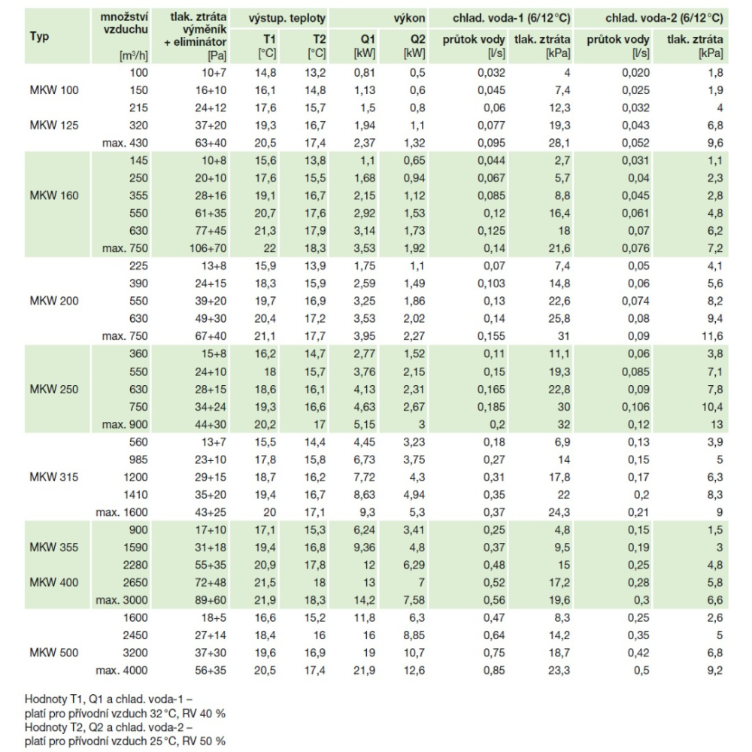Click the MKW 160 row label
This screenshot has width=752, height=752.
[x=53, y=196]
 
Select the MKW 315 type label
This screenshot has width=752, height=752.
[x=53, y=478]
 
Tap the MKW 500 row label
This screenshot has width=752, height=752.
[x=53, y=653]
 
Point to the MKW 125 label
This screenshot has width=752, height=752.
[x=53, y=126]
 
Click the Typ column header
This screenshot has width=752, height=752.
[x=39, y=36]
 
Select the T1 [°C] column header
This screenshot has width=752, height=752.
[x=267, y=46]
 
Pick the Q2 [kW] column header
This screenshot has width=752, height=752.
[x=414, y=46]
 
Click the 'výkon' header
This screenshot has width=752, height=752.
[x=409, y=19]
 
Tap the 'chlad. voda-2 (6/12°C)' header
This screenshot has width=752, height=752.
[x=664, y=18]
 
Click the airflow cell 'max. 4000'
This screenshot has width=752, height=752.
[x=122, y=671]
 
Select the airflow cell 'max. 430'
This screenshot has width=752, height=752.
[x=125, y=143]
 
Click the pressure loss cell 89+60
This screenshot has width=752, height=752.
[x=211, y=600]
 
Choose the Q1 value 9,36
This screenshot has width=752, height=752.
[x=365, y=547]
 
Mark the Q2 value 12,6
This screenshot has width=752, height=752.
[x=414, y=671]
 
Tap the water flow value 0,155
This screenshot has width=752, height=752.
[x=491, y=336]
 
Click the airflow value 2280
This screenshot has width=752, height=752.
[x=135, y=565]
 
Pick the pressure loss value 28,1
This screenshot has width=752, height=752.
[x=559, y=143]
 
